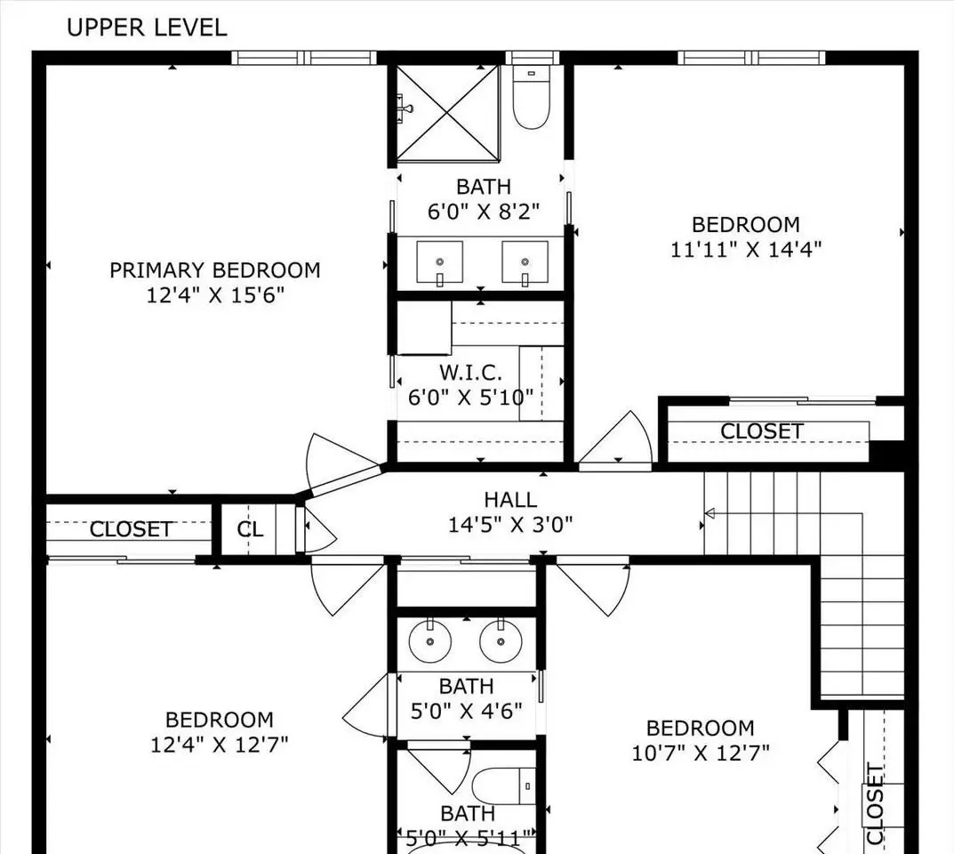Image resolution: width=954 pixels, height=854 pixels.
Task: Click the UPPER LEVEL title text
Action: (x=147, y=28)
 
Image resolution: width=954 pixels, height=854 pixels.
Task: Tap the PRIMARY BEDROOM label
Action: (x=215, y=270)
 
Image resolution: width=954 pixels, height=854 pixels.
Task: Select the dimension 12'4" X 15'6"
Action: (x=215, y=295)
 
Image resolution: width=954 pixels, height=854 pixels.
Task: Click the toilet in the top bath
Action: (x=531, y=97)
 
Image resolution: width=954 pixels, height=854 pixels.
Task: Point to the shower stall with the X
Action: (x=448, y=113)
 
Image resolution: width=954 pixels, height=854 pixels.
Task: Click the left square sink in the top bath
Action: (x=439, y=263)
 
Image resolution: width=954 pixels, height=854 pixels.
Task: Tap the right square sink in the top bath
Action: (x=525, y=263)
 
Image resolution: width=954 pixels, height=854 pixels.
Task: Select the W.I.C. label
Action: (x=470, y=372)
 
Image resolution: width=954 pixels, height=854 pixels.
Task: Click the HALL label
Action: (x=510, y=500)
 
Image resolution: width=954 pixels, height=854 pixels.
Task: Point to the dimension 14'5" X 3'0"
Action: (x=510, y=525)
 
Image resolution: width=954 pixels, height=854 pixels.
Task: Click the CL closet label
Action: (x=250, y=529)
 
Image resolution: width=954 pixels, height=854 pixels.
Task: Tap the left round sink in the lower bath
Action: (x=430, y=641)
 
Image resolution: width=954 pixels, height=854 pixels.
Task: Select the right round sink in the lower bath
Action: (x=501, y=641)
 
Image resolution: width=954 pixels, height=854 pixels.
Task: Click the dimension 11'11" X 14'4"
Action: (x=746, y=250)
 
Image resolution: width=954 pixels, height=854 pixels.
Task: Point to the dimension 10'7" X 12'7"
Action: (x=701, y=753)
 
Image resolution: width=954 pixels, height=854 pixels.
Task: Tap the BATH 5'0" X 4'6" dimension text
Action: (x=466, y=711)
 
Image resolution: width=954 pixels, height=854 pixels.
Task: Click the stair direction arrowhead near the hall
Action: (x=709, y=513)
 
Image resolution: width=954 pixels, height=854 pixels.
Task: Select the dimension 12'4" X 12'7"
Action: (x=219, y=745)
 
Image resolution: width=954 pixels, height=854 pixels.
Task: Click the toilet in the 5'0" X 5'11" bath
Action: (x=504, y=786)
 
